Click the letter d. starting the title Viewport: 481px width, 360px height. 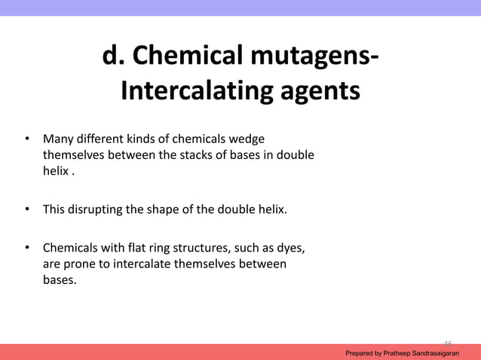[x=113, y=56]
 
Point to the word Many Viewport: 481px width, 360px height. [x=57, y=139]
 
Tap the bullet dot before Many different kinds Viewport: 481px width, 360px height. [x=26, y=139]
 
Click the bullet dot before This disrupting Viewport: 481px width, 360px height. [x=26, y=209]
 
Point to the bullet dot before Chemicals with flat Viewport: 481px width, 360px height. [x=26, y=248]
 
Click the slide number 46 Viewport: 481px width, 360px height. [x=448, y=343]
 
